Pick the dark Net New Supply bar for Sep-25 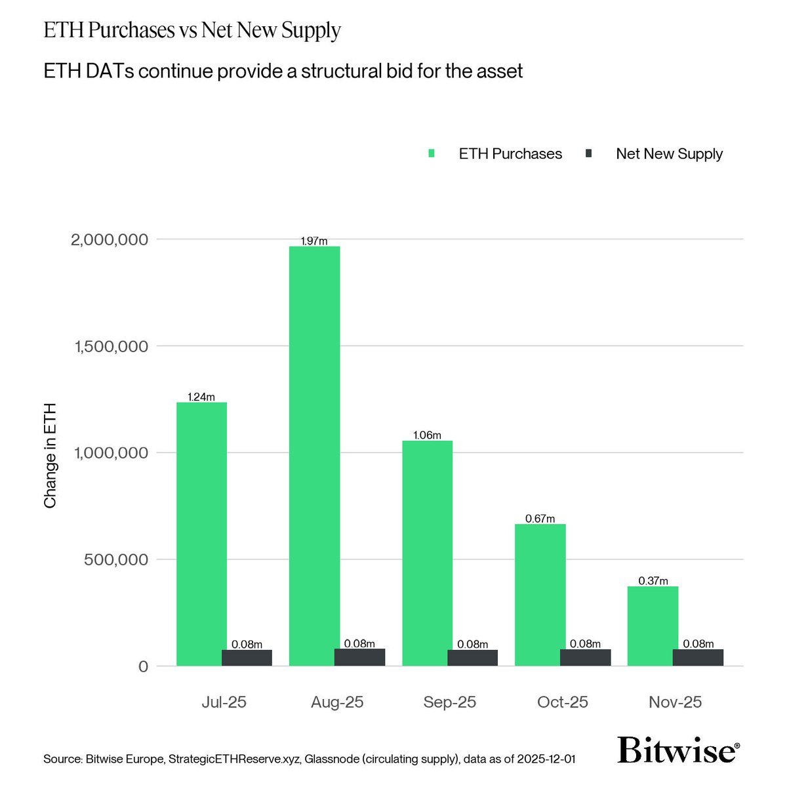[x=473, y=658]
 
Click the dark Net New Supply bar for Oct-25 [x=586, y=658]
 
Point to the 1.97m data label [x=313, y=241]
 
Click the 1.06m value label [x=427, y=435]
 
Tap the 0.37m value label [x=653, y=581]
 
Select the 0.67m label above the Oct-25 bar [x=540, y=519]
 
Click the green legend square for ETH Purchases [x=432, y=153]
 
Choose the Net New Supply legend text [x=669, y=153]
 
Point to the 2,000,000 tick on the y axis [x=110, y=239]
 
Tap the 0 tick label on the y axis [x=143, y=666]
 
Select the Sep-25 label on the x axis [x=450, y=702]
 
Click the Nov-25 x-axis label [x=676, y=702]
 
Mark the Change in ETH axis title [x=50, y=455]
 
